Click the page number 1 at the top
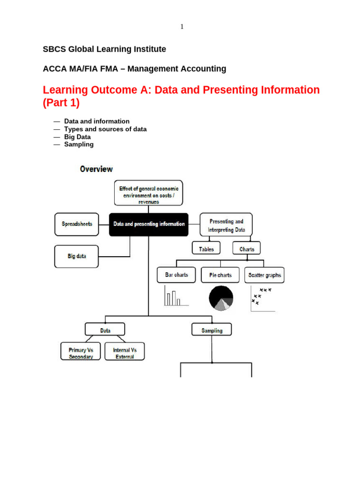(x=182, y=27)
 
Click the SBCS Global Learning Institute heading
(x=104, y=49)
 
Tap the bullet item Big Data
(x=77, y=137)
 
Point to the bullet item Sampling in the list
(x=79, y=144)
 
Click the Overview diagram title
(x=96, y=169)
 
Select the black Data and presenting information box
(x=148, y=225)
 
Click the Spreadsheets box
(x=77, y=224)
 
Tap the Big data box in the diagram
(x=76, y=256)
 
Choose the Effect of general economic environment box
(x=148, y=193)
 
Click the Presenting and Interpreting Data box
(x=226, y=225)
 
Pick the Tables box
(x=206, y=249)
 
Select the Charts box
(x=246, y=249)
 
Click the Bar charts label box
(x=176, y=275)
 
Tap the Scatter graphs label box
(x=264, y=275)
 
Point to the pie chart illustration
(x=221, y=298)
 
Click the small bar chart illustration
(x=174, y=296)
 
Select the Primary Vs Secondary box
(x=81, y=353)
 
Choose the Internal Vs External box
(x=125, y=353)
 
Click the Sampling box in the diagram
(x=212, y=331)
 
